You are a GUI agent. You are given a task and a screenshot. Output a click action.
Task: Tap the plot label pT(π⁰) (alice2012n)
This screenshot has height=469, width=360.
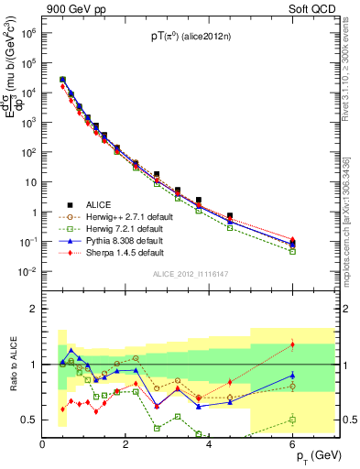[x=191, y=37]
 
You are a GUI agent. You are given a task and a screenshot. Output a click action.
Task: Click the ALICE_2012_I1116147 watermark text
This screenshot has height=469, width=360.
[x=191, y=275]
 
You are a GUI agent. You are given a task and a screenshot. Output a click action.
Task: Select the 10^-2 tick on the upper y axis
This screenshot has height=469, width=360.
[x=30, y=272]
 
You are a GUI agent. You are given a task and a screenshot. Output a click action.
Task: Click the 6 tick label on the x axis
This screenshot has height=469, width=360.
[x=293, y=444]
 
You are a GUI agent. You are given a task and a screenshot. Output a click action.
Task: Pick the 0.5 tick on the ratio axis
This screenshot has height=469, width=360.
[x=30, y=420]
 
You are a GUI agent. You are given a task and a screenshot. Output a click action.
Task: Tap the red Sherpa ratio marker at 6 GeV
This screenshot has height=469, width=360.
[x=292, y=344]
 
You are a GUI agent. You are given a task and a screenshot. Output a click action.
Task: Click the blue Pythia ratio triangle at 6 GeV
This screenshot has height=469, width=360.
[x=292, y=375]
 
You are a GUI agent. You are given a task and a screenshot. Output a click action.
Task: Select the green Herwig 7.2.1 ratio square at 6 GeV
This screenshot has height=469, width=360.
[x=292, y=420]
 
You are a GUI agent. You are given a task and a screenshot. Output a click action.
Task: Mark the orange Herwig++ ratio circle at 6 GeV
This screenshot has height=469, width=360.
[x=292, y=386]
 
